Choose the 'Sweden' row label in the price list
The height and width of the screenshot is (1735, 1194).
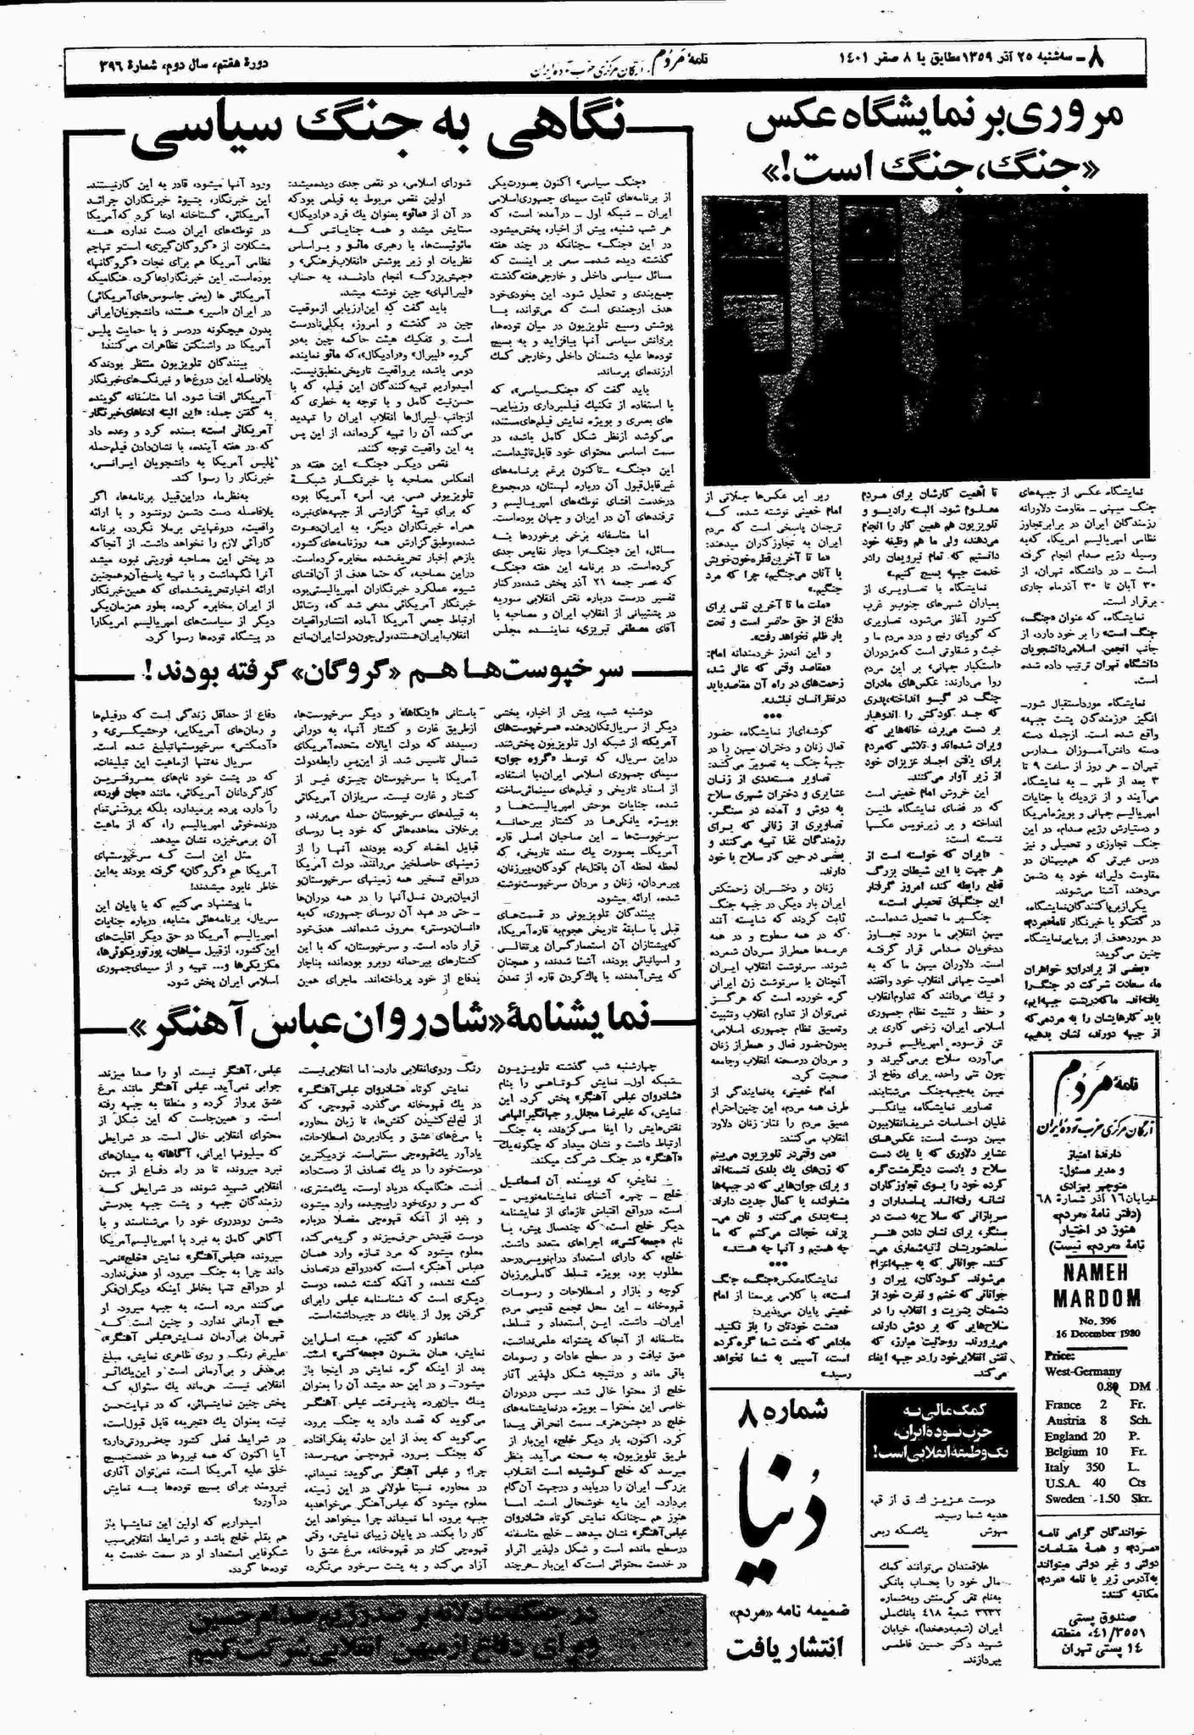click(1063, 1498)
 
